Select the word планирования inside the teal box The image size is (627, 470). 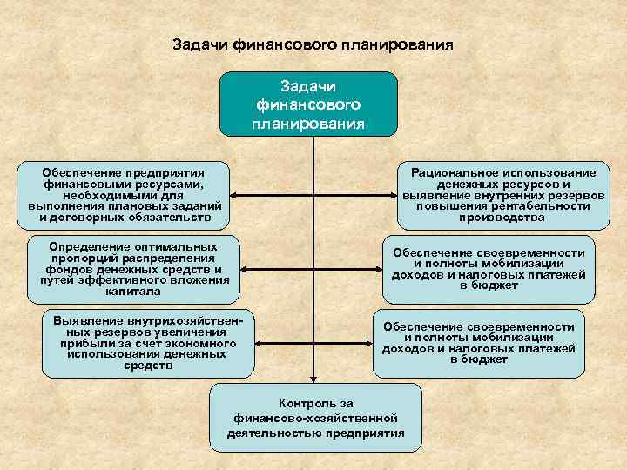pyautogui.click(x=308, y=123)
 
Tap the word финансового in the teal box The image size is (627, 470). pyautogui.click(x=308, y=104)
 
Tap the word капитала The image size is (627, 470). pyautogui.click(x=133, y=292)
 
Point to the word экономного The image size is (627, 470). pyautogui.click(x=206, y=343)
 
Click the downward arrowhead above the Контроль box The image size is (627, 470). pyautogui.click(x=315, y=380)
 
